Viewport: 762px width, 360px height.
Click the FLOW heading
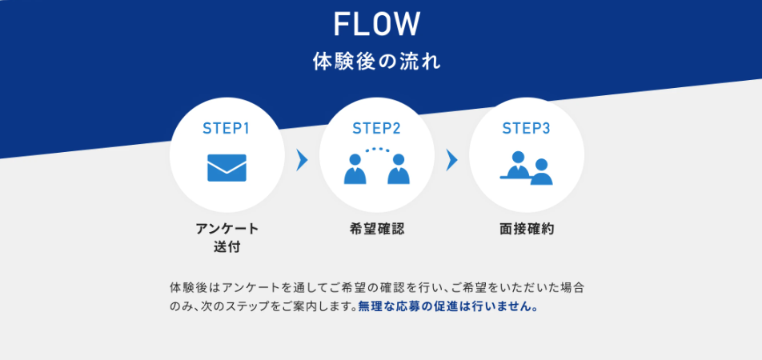[x=376, y=24]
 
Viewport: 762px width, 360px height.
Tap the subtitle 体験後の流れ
[x=376, y=62]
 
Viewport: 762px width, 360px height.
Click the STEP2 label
[x=376, y=128]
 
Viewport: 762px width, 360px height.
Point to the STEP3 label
[x=526, y=128]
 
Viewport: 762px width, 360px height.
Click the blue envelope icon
[x=227, y=167]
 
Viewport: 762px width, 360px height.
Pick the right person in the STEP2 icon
[x=398, y=170]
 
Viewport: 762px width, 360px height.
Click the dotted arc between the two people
[x=376, y=150]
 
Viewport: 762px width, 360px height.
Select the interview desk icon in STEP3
[x=526, y=167]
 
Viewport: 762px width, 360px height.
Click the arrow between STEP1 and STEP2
[x=302, y=160]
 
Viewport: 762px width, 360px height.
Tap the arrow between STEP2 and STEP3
[x=451, y=160]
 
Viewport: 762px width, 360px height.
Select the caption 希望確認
[x=376, y=229]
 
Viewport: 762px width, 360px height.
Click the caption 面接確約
[x=526, y=229]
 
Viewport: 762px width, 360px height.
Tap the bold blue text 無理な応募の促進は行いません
[x=448, y=306]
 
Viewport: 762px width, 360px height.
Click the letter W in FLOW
[x=406, y=24]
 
